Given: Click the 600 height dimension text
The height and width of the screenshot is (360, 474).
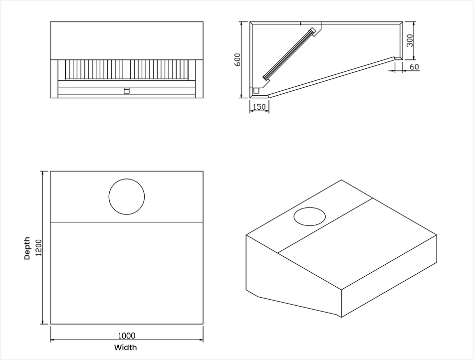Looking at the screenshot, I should click(238, 59).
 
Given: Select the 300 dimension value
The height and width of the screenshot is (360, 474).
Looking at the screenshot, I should click(410, 40).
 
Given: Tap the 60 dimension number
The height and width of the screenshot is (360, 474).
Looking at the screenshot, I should click(414, 67).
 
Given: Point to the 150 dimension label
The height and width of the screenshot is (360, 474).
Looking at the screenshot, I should click(259, 107).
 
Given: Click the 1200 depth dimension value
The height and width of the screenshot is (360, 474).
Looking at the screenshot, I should click(39, 248).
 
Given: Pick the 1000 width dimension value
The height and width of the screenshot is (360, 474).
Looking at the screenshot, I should click(127, 336).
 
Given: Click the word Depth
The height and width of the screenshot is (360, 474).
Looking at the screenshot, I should click(27, 248).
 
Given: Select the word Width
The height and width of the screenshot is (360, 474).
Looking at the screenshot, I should click(125, 348).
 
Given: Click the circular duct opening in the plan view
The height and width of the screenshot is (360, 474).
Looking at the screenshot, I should click(127, 196).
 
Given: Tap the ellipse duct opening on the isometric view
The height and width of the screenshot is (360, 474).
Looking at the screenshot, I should click(310, 216).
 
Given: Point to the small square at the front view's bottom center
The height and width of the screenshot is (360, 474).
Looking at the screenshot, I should click(127, 91).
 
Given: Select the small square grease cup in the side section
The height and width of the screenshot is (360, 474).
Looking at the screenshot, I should click(256, 91).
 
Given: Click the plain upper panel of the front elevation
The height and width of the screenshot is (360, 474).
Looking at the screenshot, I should click(127, 40).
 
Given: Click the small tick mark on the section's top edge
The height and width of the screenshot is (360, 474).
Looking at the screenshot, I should click(300, 23).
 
